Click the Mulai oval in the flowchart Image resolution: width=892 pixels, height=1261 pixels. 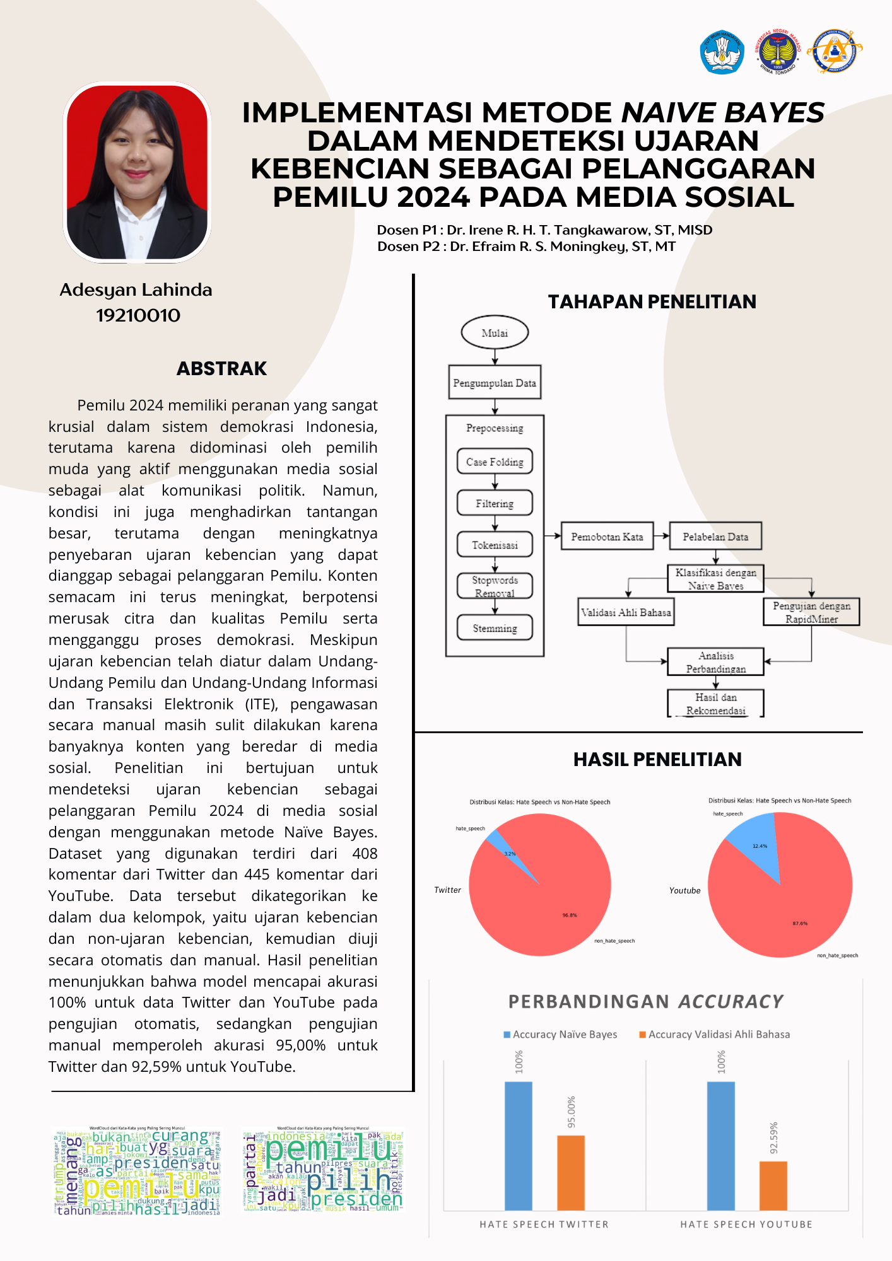pos(495,333)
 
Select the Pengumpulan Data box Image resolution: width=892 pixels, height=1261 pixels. pos(495,382)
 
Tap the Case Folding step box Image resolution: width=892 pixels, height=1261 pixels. pos(495,462)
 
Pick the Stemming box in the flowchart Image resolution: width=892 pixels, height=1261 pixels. pos(495,628)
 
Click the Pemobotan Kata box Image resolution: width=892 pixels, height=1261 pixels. pos(607,537)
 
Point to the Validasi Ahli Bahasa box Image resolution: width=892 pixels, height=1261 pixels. pos(626,612)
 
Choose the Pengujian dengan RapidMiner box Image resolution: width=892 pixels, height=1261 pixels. pos(811,612)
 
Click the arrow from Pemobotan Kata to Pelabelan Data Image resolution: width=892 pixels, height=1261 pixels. pos(661,536)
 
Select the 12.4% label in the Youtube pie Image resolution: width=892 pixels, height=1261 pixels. pos(760,846)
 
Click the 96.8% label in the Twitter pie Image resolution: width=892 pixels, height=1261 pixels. pos(570,915)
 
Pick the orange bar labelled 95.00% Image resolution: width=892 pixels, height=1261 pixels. pos(571,1173)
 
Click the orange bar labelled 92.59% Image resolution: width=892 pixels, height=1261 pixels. pos(773,1185)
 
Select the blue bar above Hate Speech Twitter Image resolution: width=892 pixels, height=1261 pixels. pos(519,1146)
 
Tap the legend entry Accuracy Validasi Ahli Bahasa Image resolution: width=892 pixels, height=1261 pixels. pos(719,1035)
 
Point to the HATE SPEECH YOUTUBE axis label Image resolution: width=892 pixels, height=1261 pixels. pos(746,1224)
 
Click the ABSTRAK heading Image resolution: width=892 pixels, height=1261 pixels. pos(221,369)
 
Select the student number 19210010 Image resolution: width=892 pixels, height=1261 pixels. pos(138,315)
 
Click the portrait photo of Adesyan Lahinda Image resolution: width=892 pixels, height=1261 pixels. pos(137,173)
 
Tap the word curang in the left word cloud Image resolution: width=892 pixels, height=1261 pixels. pos(180,1137)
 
